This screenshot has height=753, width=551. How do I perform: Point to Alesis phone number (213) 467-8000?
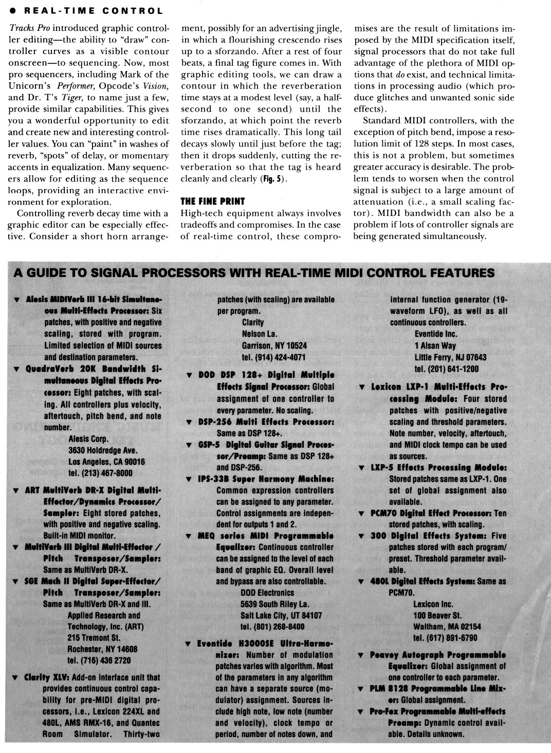point(100,473)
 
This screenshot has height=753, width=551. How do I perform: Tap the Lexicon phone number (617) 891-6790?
point(445,638)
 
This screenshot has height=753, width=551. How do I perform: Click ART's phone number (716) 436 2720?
point(99,660)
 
